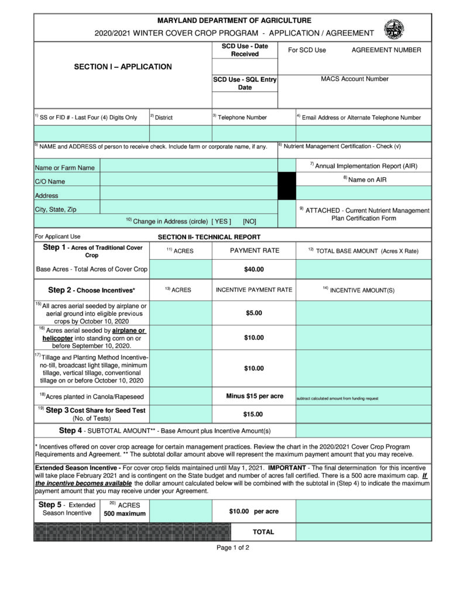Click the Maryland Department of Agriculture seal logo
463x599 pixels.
point(393,28)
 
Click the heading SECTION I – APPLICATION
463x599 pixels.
point(123,67)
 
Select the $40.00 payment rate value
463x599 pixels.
point(254,270)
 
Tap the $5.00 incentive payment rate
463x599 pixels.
point(254,313)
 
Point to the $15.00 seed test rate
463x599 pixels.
point(254,414)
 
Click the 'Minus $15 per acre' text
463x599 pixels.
point(255,396)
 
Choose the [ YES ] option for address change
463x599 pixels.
point(221,221)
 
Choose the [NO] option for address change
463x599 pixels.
point(249,221)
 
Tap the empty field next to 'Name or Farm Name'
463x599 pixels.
point(188,167)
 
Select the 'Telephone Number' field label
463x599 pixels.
point(242,118)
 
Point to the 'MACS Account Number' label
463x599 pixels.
point(354,79)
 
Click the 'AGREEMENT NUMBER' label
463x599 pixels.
point(386,50)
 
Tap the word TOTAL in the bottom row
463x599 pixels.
point(263,532)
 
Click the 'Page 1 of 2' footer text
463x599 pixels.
point(233,548)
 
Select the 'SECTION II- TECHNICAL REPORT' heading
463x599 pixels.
point(209,237)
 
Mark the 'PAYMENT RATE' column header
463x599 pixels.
point(254,250)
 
